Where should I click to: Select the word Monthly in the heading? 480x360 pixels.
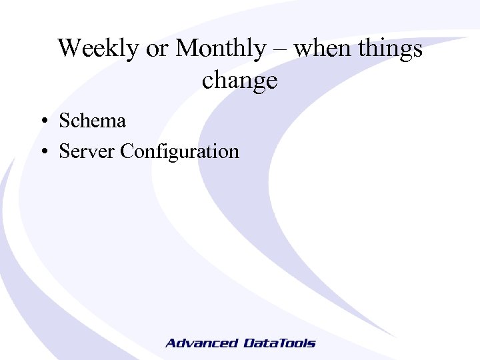point(220,49)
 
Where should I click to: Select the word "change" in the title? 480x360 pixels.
point(239,81)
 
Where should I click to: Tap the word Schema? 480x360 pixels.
point(92,121)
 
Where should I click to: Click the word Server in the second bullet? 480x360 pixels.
point(87,151)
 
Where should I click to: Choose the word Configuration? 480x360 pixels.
point(179,152)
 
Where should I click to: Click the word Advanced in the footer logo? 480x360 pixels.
point(201,343)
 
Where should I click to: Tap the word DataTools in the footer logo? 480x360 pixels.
point(279,343)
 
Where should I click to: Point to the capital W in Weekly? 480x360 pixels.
point(68,49)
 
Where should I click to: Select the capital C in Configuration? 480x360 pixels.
point(127,151)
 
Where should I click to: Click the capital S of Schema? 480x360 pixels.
point(65,121)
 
